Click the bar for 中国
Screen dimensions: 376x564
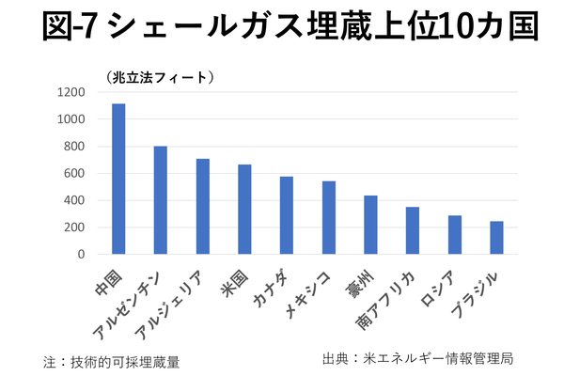(x=118, y=179)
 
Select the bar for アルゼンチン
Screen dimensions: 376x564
(x=161, y=199)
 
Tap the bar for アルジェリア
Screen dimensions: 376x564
(x=202, y=206)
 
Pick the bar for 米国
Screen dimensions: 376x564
(x=244, y=209)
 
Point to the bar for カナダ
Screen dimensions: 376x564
(x=287, y=215)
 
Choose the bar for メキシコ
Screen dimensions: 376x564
(x=328, y=217)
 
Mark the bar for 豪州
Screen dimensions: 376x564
(x=370, y=225)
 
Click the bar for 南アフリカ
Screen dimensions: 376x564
(x=413, y=230)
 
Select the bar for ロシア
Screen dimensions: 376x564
(x=454, y=234)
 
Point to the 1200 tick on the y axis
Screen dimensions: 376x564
(x=70, y=92)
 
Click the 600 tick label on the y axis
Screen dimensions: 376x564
(x=74, y=173)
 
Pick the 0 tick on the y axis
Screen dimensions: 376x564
(x=81, y=254)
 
